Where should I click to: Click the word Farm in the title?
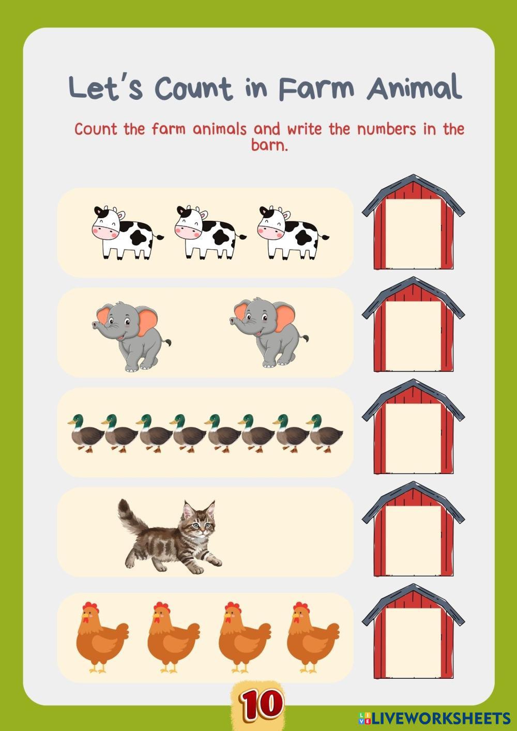(x=316, y=88)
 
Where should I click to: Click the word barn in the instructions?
(x=269, y=145)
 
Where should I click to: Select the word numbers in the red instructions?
(x=387, y=129)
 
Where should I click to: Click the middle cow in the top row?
(x=210, y=232)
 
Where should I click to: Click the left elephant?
(x=131, y=336)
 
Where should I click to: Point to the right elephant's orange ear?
(x=285, y=317)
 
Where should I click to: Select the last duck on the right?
(x=325, y=433)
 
